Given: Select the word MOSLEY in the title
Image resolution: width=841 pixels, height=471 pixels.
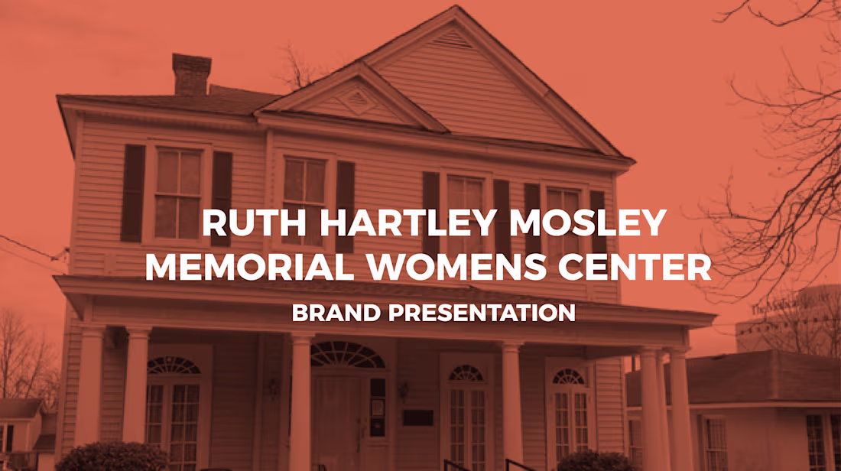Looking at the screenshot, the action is point(588,223).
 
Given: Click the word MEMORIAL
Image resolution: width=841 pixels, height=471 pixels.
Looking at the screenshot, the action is point(249,267).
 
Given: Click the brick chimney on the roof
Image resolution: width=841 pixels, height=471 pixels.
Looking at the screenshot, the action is point(191,74).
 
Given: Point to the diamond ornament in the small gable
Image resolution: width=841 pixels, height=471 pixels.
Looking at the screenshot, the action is point(357,101).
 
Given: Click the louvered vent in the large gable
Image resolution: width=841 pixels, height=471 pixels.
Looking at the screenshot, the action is point(452,38).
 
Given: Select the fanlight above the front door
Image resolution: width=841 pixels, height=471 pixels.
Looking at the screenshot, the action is point(348,355).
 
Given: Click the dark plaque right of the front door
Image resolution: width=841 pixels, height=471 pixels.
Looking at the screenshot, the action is point(418,417).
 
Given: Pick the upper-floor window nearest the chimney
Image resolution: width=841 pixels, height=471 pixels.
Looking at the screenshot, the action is point(177,193).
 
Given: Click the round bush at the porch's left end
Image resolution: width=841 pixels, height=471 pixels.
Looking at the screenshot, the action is point(112,456).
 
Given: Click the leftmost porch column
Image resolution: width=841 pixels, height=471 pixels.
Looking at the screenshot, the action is point(89,385).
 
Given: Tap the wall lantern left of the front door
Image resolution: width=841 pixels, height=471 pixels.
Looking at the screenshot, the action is point(274,388).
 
